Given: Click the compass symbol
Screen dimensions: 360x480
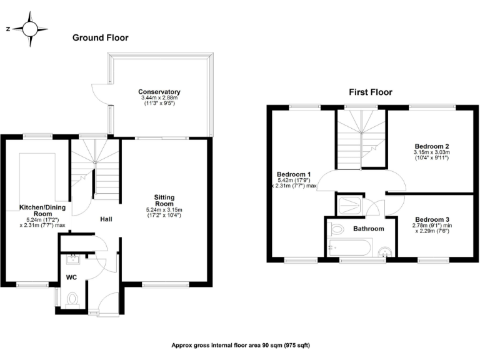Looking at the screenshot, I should (29, 29).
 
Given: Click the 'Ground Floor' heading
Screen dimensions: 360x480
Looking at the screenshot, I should (100, 37).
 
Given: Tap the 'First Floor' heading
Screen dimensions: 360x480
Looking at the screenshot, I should (370, 92).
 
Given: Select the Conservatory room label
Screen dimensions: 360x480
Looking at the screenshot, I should (159, 92).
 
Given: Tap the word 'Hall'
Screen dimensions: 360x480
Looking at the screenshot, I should (106, 219).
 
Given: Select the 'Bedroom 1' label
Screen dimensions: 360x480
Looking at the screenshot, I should (293, 174).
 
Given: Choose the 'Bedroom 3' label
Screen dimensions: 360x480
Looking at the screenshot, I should (431, 219).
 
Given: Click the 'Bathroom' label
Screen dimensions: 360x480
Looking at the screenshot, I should (368, 229).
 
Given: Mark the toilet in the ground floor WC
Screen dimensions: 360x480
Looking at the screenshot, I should (71, 299).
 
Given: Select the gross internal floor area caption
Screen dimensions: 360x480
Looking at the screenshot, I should (241, 345).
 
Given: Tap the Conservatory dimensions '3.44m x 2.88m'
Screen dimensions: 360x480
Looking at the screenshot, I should (159, 98).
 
